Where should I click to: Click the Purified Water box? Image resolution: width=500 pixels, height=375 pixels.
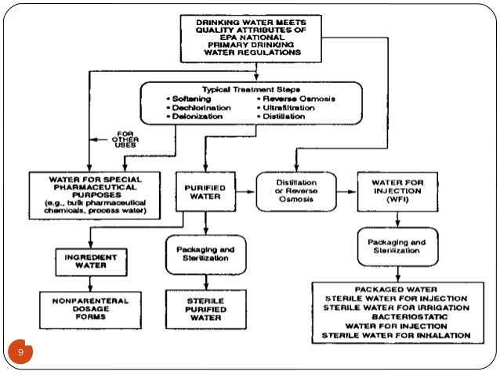click(x=205, y=192)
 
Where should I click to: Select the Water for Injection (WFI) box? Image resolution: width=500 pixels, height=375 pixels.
click(x=397, y=192)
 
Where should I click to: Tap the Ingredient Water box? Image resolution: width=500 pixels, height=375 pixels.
click(x=91, y=262)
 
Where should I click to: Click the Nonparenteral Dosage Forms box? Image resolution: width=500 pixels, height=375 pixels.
click(x=91, y=310)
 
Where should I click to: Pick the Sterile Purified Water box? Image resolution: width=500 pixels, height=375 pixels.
click(x=206, y=309)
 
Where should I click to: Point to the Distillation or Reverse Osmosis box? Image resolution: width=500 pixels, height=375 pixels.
click(x=296, y=192)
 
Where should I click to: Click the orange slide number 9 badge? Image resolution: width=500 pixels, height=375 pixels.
click(x=20, y=352)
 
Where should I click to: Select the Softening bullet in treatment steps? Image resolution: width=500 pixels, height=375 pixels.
click(x=189, y=99)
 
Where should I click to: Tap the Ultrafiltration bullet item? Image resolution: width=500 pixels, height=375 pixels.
click(x=286, y=108)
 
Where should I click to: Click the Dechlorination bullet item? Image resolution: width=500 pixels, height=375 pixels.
click(x=198, y=108)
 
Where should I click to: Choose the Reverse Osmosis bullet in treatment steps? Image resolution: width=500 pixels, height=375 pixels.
click(x=296, y=99)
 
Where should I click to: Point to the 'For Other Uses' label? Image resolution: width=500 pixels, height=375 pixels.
click(x=125, y=139)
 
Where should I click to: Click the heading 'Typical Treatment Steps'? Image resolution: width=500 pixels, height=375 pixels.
click(x=251, y=89)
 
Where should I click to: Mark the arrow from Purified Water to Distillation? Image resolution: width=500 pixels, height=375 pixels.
click(x=245, y=192)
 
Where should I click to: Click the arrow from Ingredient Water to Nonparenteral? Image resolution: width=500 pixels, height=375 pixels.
click(x=91, y=283)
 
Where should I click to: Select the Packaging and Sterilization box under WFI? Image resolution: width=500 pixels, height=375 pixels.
click(x=397, y=247)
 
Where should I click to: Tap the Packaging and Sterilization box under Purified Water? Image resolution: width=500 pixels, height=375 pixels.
click(x=206, y=254)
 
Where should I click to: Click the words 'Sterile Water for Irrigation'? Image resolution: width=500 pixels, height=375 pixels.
click(x=397, y=308)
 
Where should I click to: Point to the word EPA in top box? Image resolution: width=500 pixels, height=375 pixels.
click(x=228, y=38)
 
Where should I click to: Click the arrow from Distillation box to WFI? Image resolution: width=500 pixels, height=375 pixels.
click(x=346, y=192)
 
